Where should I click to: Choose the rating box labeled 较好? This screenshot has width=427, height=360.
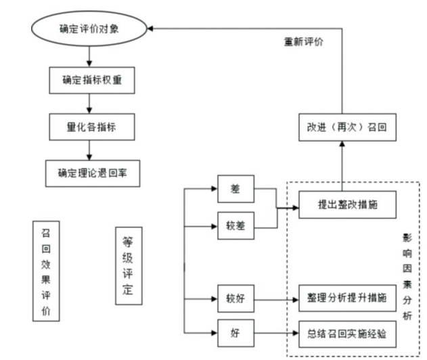tap(235, 298)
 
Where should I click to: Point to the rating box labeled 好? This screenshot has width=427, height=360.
tap(235, 332)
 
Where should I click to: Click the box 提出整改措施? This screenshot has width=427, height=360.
tap(347, 206)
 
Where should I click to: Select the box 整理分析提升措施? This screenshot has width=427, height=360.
tap(347, 298)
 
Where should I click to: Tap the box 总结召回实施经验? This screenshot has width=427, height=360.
tap(347, 332)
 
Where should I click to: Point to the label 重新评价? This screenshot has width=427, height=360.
tap(303, 42)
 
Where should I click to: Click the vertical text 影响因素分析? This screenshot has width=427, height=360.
tap(407, 277)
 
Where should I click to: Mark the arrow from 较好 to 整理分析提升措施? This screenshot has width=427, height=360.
tap(275, 298)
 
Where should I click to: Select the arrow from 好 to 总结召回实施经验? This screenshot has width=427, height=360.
tap(275, 332)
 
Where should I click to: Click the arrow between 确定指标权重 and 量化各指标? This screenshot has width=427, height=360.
tap(89, 103)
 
